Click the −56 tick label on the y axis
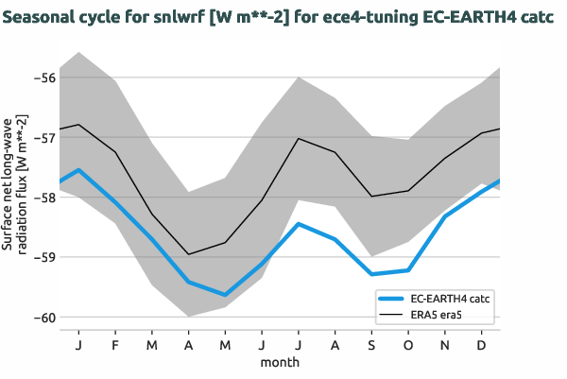click(x=43, y=78)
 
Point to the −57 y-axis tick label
click(x=43, y=137)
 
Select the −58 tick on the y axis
click(x=43, y=198)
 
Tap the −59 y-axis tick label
click(x=43, y=257)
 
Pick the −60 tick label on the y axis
click(x=43, y=318)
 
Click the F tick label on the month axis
click(x=114, y=345)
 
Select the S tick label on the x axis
click(x=372, y=345)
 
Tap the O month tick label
click(x=409, y=345)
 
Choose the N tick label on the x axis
click(x=446, y=345)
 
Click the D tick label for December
click(x=483, y=345)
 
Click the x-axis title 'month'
click(x=280, y=362)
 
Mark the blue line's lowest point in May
click(x=225, y=295)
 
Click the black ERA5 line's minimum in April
click(x=188, y=254)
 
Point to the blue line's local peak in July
click(x=299, y=224)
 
